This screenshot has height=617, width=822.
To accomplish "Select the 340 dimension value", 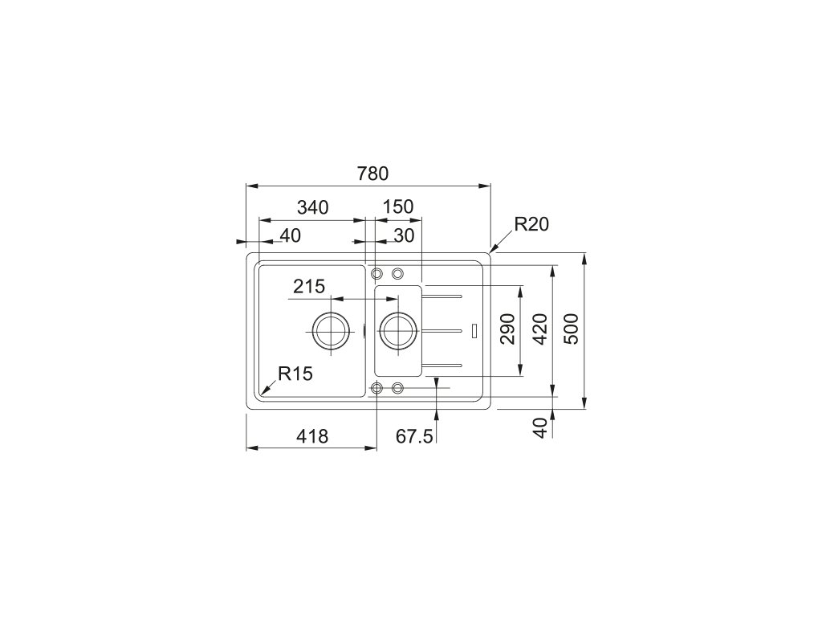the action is click(x=312, y=207).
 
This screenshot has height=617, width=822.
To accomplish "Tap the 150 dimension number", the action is click(x=397, y=207).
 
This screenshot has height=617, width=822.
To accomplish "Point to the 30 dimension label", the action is click(x=404, y=235).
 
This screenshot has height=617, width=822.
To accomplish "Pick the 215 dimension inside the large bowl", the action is click(x=308, y=286).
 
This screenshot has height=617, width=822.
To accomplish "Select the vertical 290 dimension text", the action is click(x=507, y=329).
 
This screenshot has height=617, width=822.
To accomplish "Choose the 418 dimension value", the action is click(x=312, y=436).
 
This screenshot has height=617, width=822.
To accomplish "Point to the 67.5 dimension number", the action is click(x=414, y=436).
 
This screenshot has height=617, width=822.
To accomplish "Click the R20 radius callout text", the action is click(x=531, y=225).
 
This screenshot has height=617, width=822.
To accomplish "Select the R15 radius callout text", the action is click(x=295, y=373).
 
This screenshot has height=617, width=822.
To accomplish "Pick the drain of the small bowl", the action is click(x=397, y=329).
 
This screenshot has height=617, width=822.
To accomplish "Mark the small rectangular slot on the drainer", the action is click(x=475, y=329).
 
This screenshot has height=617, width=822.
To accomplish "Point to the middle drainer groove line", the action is click(x=442, y=329).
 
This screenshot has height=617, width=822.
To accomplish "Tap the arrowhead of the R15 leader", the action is click(x=262, y=393).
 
